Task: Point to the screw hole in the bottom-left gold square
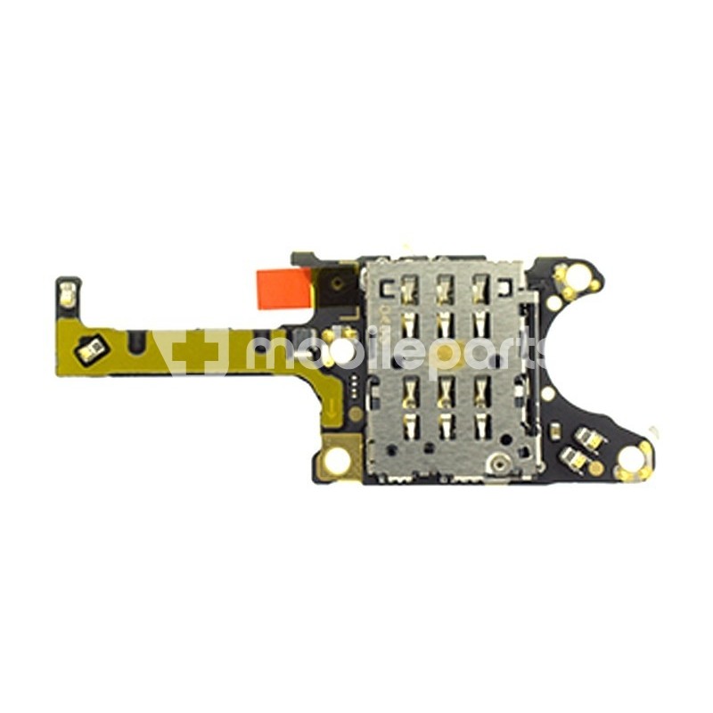coord(337,459)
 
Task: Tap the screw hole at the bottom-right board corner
coord(631,460)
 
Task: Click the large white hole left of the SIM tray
coord(340,355)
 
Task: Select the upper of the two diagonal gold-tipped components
coord(587,438)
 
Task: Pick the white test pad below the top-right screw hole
coord(554,303)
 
